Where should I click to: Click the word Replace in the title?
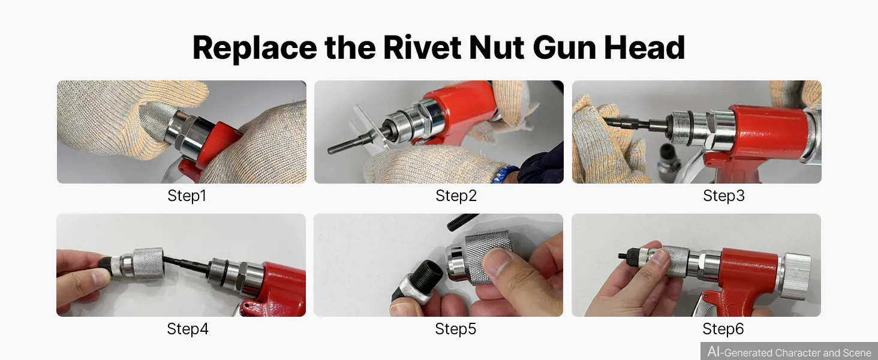point(255,48)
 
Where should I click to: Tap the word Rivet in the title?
point(422,47)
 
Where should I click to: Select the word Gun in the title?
point(564,47)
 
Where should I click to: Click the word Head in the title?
point(644,47)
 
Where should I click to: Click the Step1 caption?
point(187,196)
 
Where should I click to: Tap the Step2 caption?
point(456,196)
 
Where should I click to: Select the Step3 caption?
point(723,196)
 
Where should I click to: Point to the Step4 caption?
point(187,329)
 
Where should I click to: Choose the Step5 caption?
point(455,329)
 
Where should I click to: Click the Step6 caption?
point(723,329)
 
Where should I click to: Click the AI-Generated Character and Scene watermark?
point(789,352)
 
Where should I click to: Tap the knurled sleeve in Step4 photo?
point(148,263)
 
